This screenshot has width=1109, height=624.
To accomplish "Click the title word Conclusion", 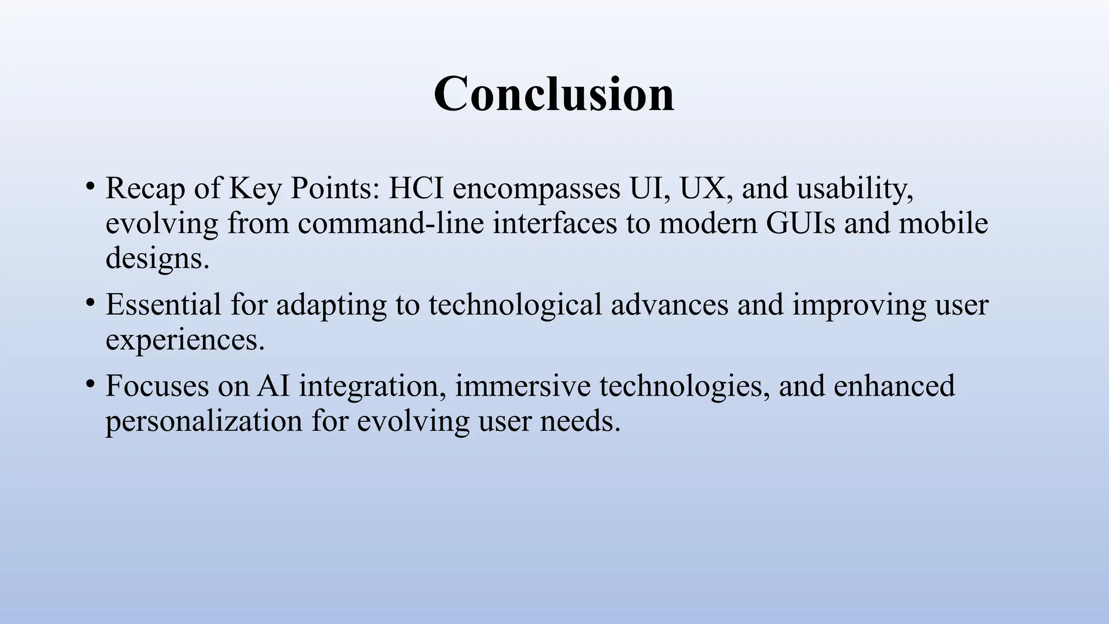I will tap(554, 94).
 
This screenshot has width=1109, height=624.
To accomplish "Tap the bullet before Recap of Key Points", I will tap(90, 187).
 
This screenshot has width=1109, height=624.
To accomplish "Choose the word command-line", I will tap(390, 223).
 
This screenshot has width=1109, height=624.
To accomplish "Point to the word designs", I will tap(157, 258).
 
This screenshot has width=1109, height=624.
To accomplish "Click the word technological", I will tap(516, 305).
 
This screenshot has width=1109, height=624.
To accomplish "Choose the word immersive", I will tap(522, 386).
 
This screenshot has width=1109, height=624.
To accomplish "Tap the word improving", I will tap(859, 305).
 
